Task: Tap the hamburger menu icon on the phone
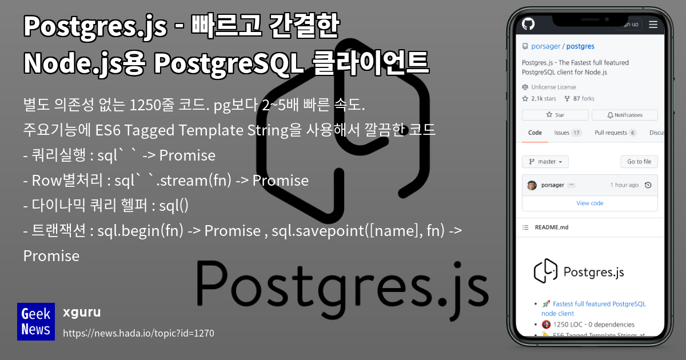click(x=653, y=24)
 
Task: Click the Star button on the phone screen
click(x=555, y=115)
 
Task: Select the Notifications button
click(x=624, y=115)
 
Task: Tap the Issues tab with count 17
click(x=567, y=133)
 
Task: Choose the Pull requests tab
click(x=615, y=133)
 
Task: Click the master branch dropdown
click(x=545, y=162)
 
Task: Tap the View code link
click(x=589, y=203)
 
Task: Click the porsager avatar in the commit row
click(x=532, y=185)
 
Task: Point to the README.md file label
click(x=551, y=227)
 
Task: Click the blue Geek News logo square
click(x=36, y=322)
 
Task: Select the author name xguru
click(x=82, y=312)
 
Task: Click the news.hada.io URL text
click(x=138, y=333)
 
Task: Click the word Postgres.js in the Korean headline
click(x=95, y=27)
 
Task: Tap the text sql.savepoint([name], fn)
click(x=347, y=231)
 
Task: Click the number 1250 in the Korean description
click(x=146, y=106)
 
